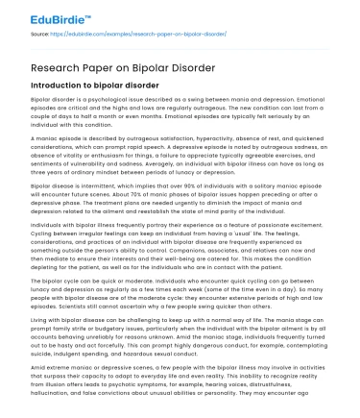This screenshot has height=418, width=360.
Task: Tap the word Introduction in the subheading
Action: (x=60, y=86)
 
